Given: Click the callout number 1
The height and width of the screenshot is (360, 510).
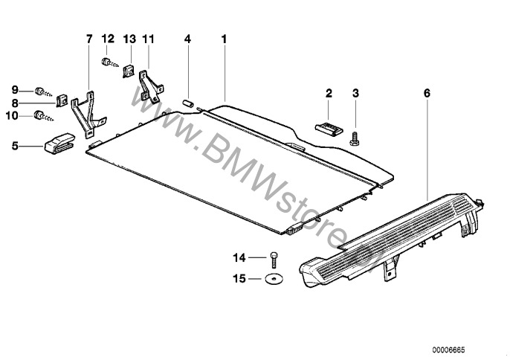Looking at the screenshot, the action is (x=224, y=39).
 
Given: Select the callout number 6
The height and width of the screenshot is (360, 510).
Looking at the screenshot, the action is (x=427, y=94).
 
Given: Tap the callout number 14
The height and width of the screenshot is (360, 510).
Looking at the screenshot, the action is (x=239, y=258).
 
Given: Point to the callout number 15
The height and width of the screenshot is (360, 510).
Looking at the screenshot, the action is (x=239, y=279).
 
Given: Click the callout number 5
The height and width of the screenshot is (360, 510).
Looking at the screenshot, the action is (x=15, y=146).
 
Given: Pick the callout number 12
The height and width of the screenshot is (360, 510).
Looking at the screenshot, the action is (x=108, y=39).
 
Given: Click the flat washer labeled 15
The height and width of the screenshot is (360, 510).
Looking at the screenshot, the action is (x=274, y=279).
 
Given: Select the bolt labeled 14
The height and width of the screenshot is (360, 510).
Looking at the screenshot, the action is (x=274, y=260).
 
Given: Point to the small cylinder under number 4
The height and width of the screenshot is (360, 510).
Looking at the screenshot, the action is (x=187, y=103).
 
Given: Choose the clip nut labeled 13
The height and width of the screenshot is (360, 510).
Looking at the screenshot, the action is (x=129, y=71).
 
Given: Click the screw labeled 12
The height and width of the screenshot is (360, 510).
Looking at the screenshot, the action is (x=109, y=62).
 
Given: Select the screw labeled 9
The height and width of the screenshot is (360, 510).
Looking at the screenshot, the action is (x=43, y=92).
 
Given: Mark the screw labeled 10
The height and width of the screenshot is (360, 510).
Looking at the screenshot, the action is (x=44, y=116).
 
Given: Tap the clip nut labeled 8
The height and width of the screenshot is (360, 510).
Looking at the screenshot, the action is (x=62, y=100).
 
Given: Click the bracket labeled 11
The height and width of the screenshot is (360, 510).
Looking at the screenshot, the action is (x=150, y=86).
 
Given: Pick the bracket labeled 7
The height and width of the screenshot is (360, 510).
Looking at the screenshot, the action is (x=88, y=115).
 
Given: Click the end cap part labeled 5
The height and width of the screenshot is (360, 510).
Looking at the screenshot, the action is (x=59, y=144).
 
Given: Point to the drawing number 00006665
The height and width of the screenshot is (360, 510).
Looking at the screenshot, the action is (x=448, y=350).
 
